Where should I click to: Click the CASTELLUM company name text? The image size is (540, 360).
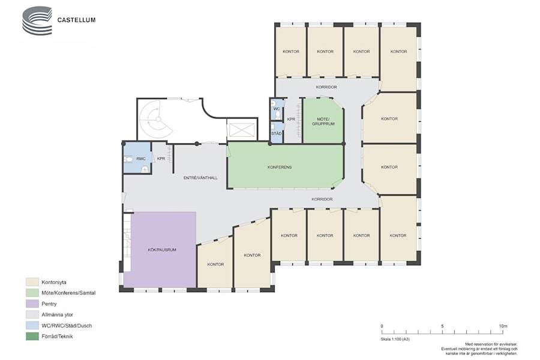(x=76, y=20)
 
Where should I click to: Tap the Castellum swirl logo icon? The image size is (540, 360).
(x=37, y=20)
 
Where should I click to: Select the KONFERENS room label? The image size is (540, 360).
(x=280, y=167)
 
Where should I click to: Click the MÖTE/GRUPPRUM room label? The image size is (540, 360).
(x=323, y=121)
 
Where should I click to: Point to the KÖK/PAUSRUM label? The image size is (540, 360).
(x=162, y=250)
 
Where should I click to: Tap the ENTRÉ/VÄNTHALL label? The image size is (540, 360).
(x=200, y=178)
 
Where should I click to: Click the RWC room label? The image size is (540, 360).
(x=141, y=159)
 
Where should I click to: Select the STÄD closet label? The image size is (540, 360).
(x=276, y=133)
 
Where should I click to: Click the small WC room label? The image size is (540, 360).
(x=277, y=109)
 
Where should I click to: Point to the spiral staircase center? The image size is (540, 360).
(x=158, y=119)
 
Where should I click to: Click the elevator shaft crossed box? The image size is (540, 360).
(x=242, y=130)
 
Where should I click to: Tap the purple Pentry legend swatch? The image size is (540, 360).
(x=32, y=304)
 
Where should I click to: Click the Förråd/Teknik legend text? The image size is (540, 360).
(x=57, y=336)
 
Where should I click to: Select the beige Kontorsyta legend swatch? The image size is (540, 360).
(x=32, y=282)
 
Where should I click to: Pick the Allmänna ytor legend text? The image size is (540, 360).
(x=57, y=314)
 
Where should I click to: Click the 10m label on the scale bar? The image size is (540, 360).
(x=503, y=326)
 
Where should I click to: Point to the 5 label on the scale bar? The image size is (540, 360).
(x=442, y=326)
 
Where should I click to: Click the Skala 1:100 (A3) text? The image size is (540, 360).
(x=395, y=339)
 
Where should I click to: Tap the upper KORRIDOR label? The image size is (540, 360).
(x=326, y=87)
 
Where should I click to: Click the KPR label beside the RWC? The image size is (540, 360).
(x=161, y=159)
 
